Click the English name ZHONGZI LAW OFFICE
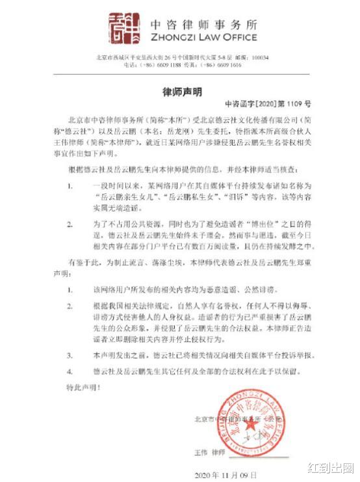tap(203, 37)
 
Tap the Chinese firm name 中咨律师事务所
tap(203, 23)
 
